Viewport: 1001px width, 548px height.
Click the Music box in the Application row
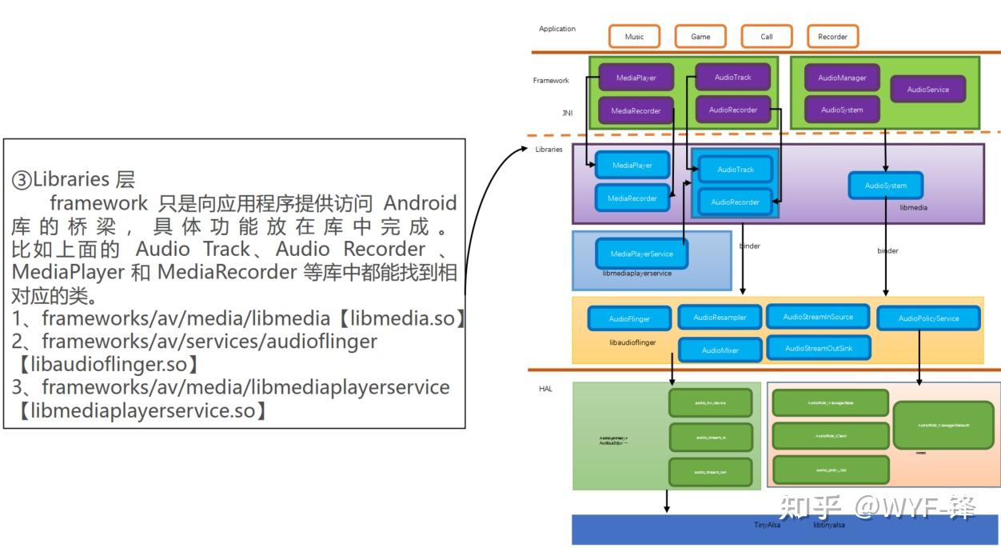634,37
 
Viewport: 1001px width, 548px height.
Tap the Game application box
700,37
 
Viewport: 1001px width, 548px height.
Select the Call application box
767,37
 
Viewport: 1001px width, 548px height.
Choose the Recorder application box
832,37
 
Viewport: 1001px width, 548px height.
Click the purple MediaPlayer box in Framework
636,78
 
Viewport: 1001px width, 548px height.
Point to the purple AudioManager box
842,78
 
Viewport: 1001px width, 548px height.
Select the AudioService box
927,90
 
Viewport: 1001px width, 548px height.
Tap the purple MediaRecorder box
636,111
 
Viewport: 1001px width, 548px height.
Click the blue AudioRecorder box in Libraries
735,202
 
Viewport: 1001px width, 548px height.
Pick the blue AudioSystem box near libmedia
885,186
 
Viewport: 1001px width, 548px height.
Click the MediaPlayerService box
641,254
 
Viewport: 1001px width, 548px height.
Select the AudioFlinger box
629,319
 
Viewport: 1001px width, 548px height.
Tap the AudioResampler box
720,318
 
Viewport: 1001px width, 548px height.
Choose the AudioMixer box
720,350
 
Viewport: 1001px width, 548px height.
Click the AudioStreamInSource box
818,317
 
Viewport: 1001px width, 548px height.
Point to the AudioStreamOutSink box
818,348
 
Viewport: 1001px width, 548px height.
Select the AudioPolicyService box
928,318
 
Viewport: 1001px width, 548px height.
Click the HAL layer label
545,389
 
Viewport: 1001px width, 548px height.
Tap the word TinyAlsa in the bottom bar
767,525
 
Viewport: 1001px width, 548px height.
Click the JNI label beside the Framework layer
567,113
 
